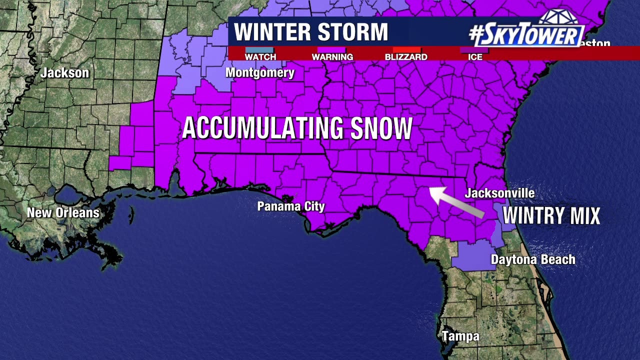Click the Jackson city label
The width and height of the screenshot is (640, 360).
(x=65, y=73)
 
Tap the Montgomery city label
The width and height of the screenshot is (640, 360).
(x=260, y=73)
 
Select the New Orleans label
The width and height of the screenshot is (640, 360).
(x=63, y=212)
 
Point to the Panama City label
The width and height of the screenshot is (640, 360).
(x=291, y=206)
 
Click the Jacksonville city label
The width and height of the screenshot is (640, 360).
(x=499, y=193)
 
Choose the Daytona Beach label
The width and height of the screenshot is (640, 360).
(x=533, y=259)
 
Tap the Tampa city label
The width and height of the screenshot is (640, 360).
(x=460, y=336)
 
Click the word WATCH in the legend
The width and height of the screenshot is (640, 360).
(x=260, y=57)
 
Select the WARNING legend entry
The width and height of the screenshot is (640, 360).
(x=332, y=57)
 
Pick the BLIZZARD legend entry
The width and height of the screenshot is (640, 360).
(x=406, y=57)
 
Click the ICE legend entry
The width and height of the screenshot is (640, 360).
(x=475, y=57)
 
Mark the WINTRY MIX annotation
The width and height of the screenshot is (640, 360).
(x=551, y=216)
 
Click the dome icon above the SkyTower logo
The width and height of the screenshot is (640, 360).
(x=558, y=17)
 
